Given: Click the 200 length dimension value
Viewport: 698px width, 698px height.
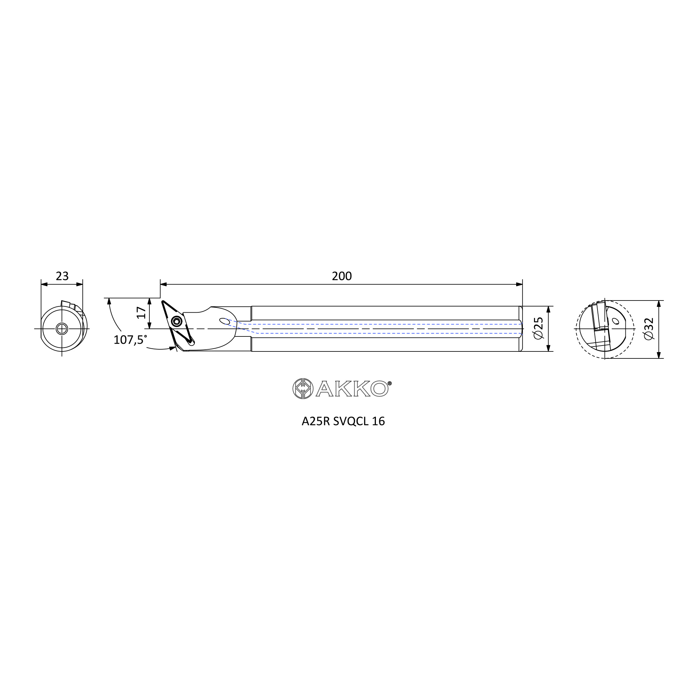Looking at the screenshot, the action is click(x=341, y=276).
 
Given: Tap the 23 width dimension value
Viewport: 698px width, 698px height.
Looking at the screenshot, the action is click(x=62, y=276).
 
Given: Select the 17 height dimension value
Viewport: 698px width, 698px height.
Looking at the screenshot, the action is click(x=141, y=312).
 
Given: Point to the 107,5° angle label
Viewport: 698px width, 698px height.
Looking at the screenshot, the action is click(x=130, y=340).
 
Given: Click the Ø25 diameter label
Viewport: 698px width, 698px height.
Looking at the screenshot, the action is click(x=538, y=328).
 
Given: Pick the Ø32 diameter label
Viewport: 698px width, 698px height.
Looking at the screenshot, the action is click(x=649, y=328).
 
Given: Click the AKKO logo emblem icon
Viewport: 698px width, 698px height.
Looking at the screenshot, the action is click(x=303, y=389).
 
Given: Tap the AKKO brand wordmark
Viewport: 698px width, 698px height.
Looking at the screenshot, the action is click(x=353, y=389).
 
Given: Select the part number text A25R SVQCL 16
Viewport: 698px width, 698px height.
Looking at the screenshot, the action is click(x=343, y=422).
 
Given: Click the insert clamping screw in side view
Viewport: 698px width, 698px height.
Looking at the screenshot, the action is click(x=176, y=321).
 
